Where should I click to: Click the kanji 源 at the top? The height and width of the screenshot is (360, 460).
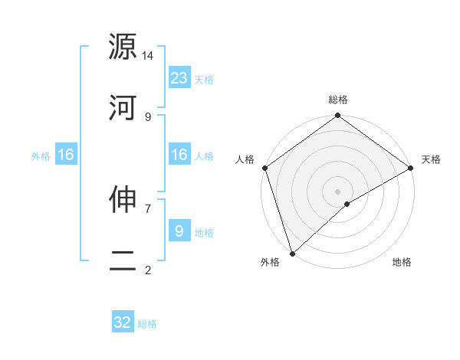pos(123,46)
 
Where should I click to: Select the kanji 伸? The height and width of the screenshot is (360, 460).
pos(123,199)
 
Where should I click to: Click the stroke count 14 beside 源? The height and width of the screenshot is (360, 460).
pos(148,56)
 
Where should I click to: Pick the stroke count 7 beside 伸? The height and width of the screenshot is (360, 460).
pos(148,208)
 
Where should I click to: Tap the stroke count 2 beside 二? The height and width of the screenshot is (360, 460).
pos(148,270)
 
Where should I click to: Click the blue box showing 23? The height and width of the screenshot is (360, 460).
pos(179,77)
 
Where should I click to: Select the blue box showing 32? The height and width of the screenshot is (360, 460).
pos(123,322)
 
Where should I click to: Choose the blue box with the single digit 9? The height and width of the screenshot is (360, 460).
pos(179,231)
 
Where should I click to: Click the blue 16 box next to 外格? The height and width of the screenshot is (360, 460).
pos(66,155)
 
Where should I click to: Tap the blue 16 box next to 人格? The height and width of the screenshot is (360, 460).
pos(179,155)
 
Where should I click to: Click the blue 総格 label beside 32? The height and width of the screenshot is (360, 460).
pos(147,324)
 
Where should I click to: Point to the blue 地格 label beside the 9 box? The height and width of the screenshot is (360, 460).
pos(204,232)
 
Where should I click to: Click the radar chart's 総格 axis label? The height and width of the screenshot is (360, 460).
pos(337,100)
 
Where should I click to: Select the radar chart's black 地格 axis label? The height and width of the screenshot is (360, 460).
pos(402,263)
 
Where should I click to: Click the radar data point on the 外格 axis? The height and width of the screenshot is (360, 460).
pos(292,252)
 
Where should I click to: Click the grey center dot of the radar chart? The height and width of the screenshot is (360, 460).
pos(337,191)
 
